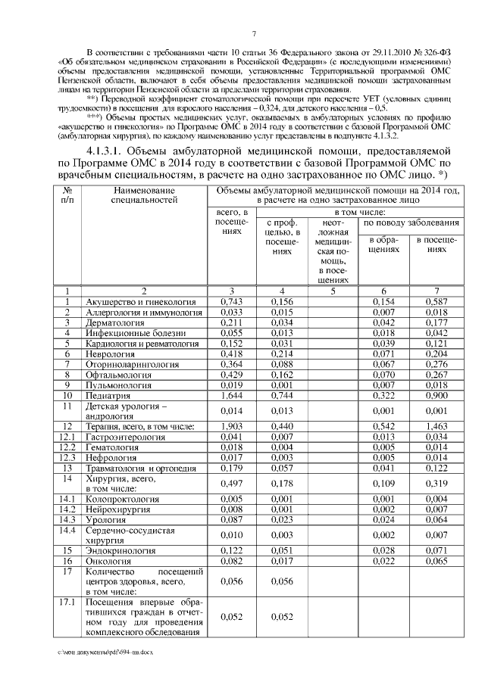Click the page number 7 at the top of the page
click(x=255, y=33)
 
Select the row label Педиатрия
click(x=108, y=395)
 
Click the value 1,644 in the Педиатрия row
click(x=230, y=395)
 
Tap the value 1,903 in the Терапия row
click(x=230, y=427)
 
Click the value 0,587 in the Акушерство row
click(x=436, y=300)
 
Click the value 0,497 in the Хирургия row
click(x=230, y=483)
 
